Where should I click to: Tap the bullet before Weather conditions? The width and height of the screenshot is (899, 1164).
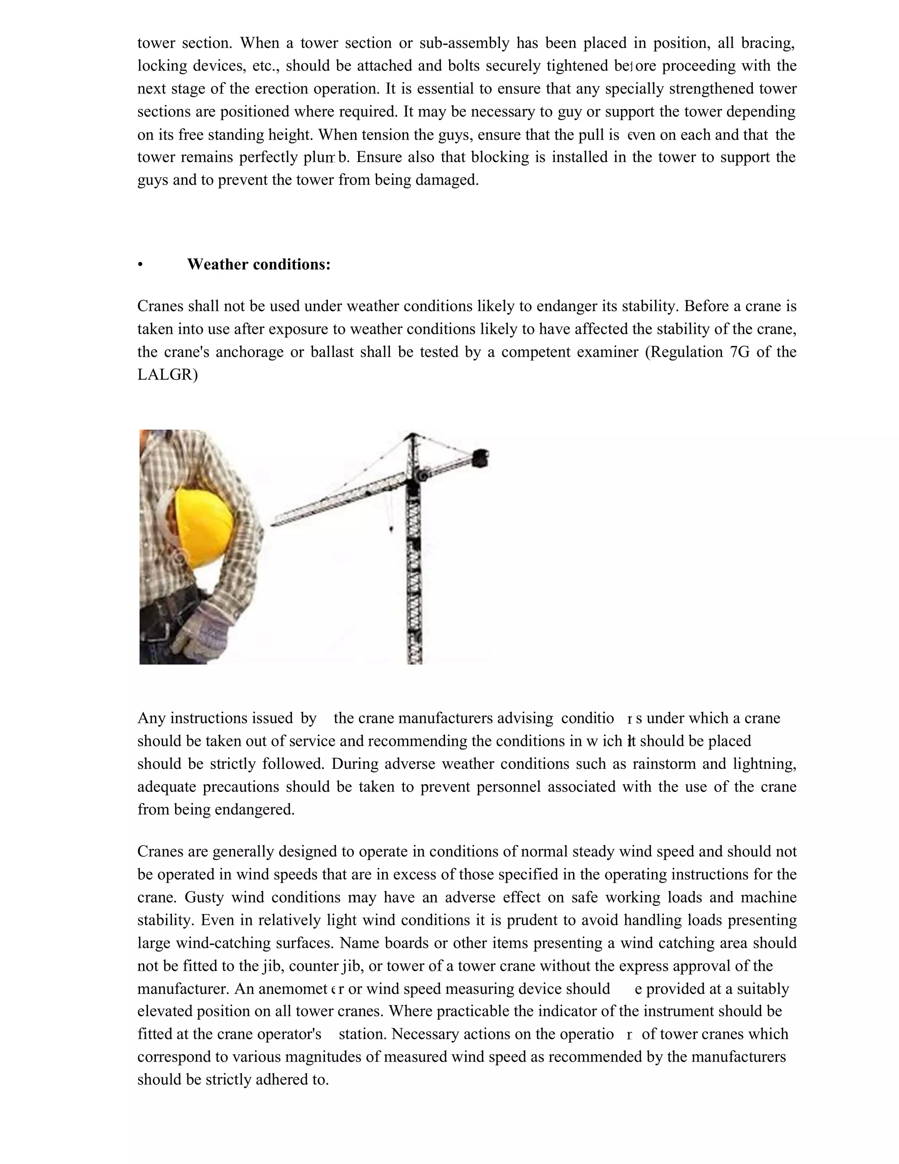140,265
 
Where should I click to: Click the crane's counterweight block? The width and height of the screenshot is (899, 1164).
482,458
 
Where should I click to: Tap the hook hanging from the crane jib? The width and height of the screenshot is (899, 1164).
392,529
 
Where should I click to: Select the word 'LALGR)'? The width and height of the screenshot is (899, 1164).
167,375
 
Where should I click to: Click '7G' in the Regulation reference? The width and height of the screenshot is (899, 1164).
736,352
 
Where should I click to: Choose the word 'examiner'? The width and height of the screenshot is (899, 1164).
607,352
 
